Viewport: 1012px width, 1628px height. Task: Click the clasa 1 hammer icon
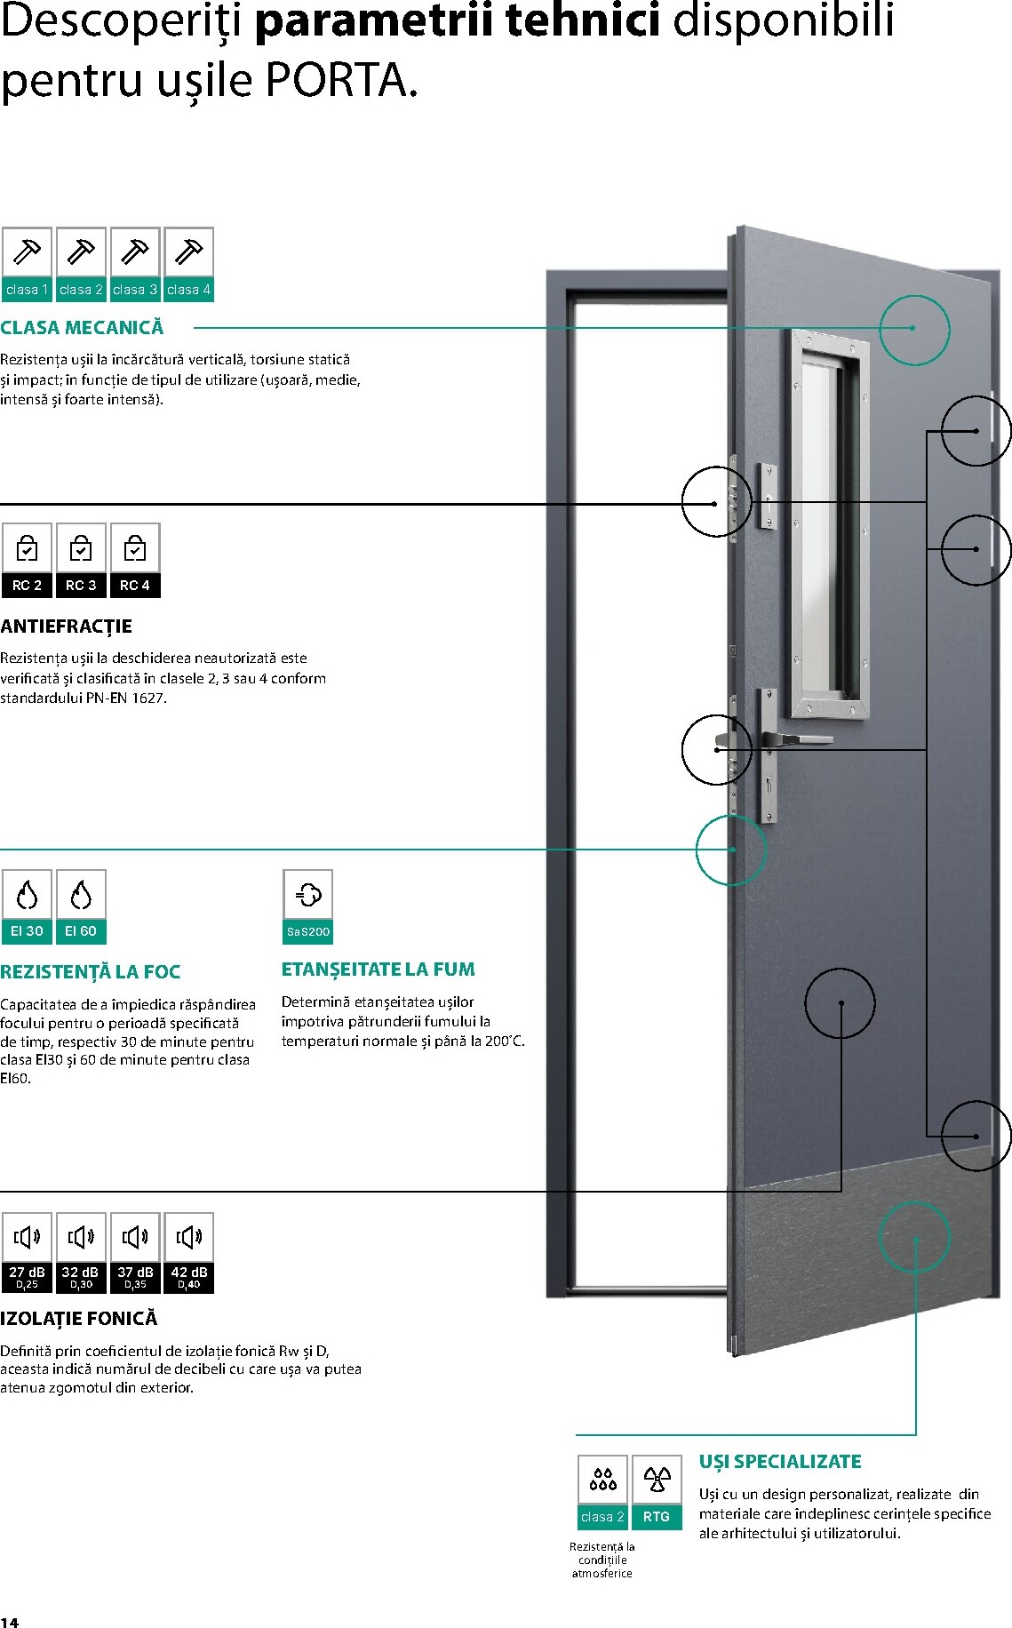pos(27,264)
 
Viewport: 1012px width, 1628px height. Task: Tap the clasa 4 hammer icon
pos(188,264)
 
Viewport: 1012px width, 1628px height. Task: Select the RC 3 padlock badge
pos(81,560)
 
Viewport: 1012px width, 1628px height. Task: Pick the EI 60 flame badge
pos(81,906)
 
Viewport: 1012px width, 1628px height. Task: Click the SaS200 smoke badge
pos(307,906)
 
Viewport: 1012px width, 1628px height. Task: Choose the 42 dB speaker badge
pos(188,1252)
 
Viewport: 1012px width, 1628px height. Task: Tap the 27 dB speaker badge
pos(27,1252)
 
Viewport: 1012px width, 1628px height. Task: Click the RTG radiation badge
pos(657,1492)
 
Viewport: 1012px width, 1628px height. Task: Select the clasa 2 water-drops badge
pos(602,1492)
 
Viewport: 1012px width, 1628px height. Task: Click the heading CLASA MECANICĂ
pos(82,328)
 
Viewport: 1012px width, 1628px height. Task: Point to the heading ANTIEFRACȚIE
pos(66,626)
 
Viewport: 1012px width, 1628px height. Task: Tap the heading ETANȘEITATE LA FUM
pos(379,970)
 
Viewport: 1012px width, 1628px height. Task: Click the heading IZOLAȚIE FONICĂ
pos(78,1319)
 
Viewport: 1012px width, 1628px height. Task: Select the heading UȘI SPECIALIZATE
pos(780,1462)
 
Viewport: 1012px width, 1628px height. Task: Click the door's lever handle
pos(796,738)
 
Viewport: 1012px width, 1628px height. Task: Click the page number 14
pos(9,1622)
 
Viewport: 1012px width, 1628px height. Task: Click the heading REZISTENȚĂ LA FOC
pos(90,972)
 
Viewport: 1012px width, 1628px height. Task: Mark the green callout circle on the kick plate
pos(914,1236)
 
